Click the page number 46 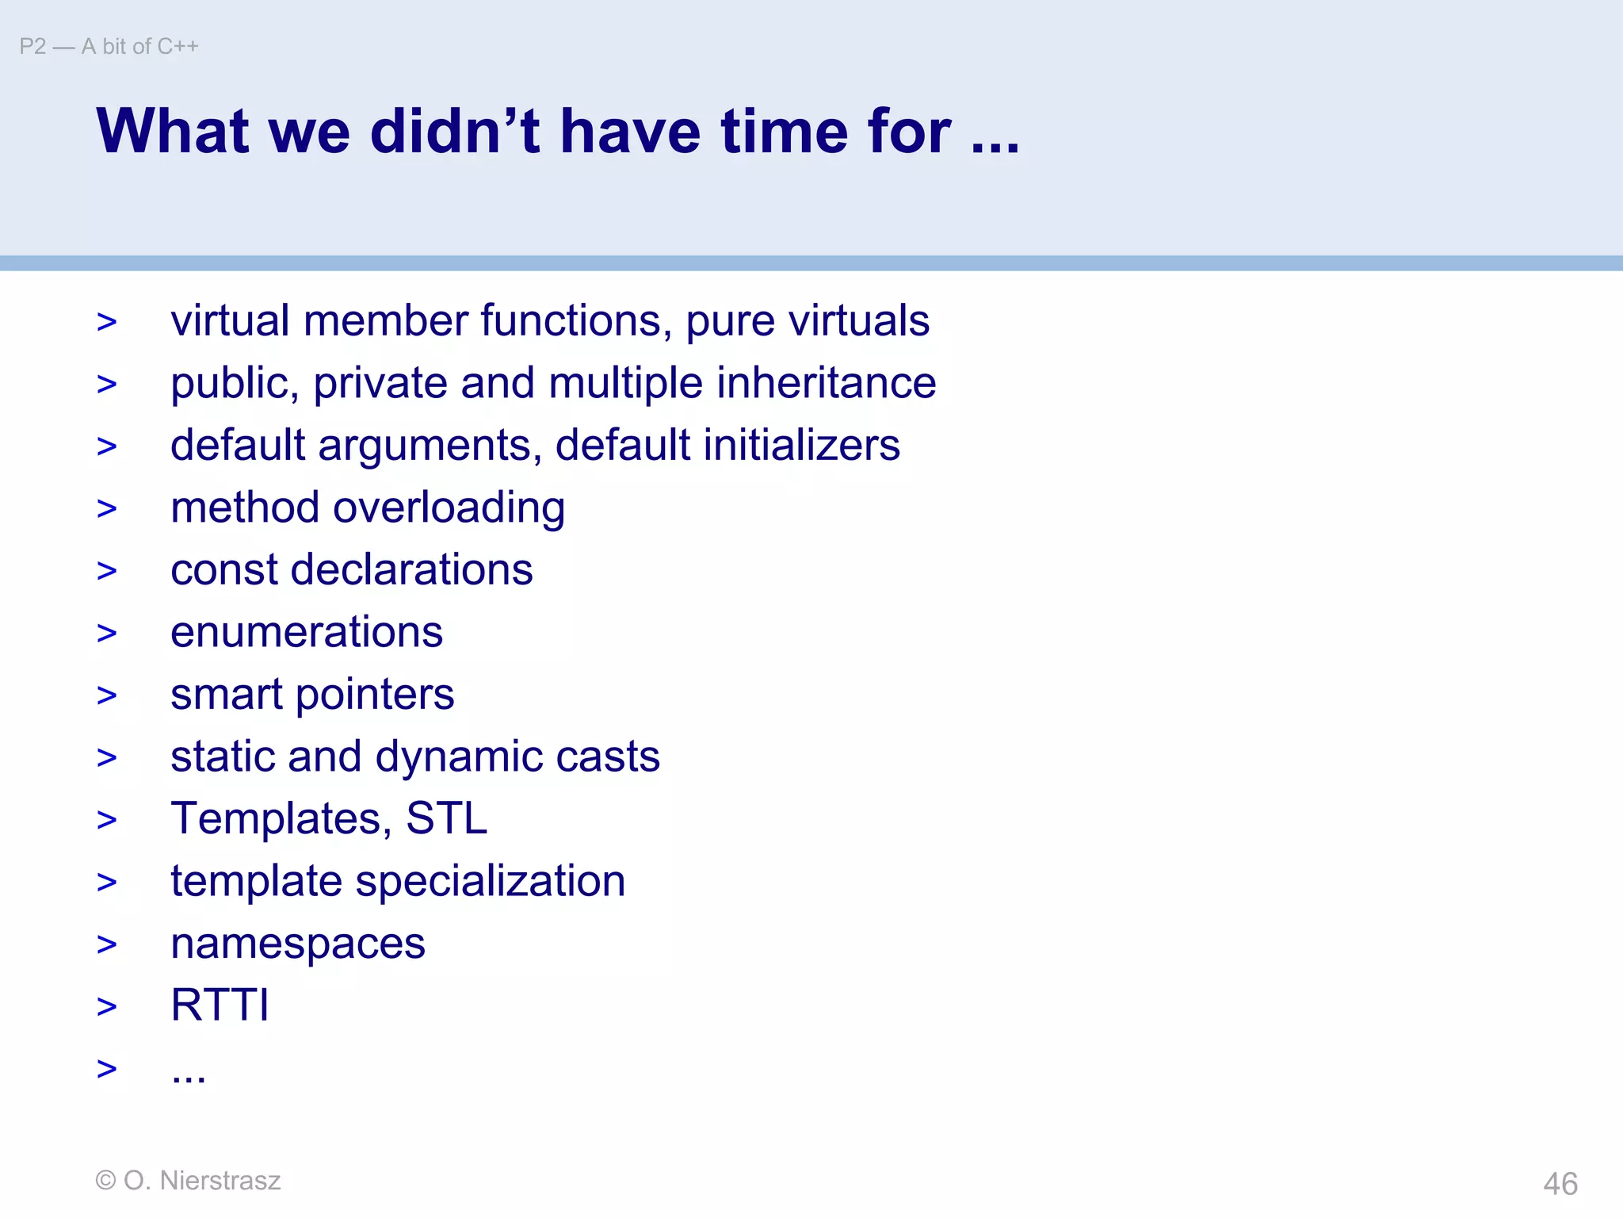(x=1560, y=1184)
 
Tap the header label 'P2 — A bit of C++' (x=109, y=47)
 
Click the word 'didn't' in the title (x=455, y=131)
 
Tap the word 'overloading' (x=449, y=508)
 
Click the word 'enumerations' (x=307, y=632)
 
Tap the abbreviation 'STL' (x=446, y=818)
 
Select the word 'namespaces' (x=298, y=944)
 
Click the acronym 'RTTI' (x=220, y=1005)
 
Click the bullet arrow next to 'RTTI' (x=107, y=1007)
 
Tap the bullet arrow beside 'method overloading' (x=107, y=509)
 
